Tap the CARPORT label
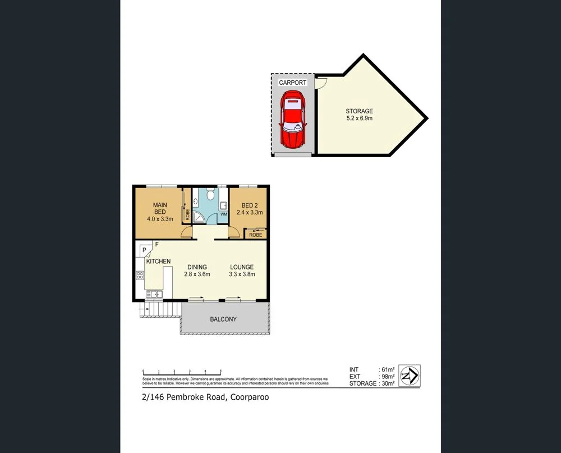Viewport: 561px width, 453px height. (x=293, y=83)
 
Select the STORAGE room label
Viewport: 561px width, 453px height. (x=359, y=111)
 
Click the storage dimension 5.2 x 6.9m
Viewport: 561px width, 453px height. (x=359, y=118)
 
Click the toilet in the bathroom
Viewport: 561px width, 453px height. (x=210, y=194)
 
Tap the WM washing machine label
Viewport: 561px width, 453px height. (x=223, y=214)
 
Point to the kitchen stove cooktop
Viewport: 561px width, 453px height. (x=139, y=275)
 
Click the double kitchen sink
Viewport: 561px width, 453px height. (x=154, y=294)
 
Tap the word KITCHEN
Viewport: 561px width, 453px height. (x=158, y=262)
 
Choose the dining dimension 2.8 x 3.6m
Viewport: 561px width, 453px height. (x=197, y=274)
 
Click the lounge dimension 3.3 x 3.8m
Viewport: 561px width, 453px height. (x=242, y=274)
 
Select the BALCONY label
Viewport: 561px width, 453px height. (x=223, y=319)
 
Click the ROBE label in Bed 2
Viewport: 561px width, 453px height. (x=255, y=235)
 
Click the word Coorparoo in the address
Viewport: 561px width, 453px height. (x=248, y=397)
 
